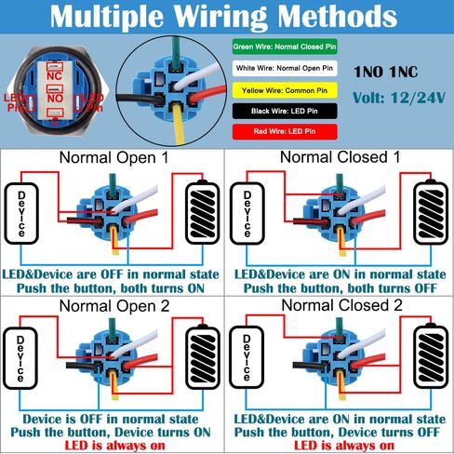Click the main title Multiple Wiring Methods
[227, 16]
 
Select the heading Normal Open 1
[114, 157]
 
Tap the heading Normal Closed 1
[340, 157]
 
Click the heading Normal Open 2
[114, 305]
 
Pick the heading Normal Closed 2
[340, 305]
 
